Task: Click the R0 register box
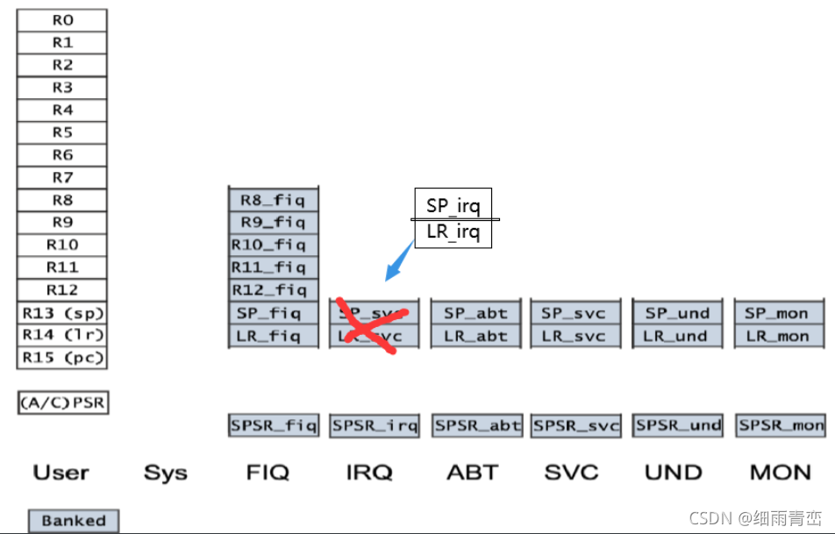(62, 20)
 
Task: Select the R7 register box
(62, 178)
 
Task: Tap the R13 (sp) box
(62, 313)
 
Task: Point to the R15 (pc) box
(62, 358)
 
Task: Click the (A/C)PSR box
(63, 403)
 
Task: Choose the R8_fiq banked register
(273, 200)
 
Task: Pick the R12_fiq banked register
(273, 290)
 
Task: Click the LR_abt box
(475, 336)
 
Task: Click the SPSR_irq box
(375, 426)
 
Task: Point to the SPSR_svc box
(576, 426)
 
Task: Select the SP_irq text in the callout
(453, 205)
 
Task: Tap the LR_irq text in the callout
(453, 232)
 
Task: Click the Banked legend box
(74, 521)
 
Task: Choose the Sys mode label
(166, 473)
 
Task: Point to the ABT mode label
(473, 473)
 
